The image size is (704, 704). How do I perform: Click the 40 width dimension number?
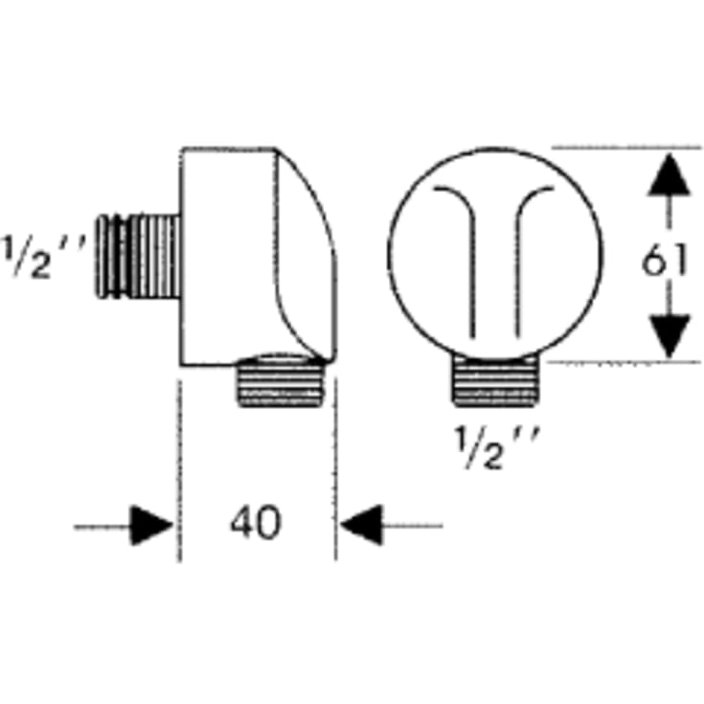click(x=256, y=522)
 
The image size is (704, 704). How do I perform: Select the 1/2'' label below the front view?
click(x=497, y=447)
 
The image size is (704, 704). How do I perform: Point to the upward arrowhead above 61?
click(x=669, y=175)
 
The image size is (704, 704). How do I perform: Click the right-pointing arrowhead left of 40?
click(x=151, y=525)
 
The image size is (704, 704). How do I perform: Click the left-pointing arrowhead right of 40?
click(x=361, y=525)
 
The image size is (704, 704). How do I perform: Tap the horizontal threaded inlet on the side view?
click(x=138, y=257)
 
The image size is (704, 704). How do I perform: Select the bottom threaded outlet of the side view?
click(x=281, y=381)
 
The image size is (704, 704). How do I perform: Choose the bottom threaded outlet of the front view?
click(x=496, y=382)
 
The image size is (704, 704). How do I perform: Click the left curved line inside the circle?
click(x=465, y=251)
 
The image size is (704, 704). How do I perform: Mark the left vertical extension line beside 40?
click(x=180, y=470)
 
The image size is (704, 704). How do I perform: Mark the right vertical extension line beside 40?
click(x=335, y=469)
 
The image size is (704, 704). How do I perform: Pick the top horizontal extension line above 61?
click(x=626, y=147)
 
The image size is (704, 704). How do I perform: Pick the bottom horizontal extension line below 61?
click(x=624, y=362)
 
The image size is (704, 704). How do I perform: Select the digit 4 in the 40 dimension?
click(x=242, y=522)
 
